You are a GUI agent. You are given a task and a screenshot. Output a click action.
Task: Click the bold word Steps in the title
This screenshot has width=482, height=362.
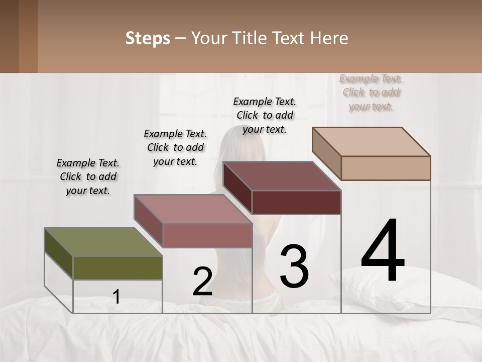pos(148,38)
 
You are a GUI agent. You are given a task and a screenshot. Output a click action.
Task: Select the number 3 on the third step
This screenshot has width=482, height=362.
pos(294,266)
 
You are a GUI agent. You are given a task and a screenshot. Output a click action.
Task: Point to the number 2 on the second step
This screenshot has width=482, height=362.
pos(202,282)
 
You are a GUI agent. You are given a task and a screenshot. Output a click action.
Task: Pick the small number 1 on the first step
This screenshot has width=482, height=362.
pos(116,297)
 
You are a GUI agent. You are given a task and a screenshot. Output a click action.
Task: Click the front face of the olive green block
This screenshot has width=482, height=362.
pos(117,267)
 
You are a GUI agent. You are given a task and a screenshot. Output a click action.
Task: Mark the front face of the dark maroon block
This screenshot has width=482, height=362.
pos(296,202)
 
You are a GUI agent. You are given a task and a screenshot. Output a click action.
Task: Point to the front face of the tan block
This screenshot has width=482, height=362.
pos(386,168)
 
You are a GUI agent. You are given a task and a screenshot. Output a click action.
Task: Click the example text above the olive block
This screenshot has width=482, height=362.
pos(88,176)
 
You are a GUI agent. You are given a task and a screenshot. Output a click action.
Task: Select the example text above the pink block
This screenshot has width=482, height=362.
pos(175,147)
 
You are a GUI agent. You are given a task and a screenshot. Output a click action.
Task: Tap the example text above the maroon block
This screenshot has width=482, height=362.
pos(265,115)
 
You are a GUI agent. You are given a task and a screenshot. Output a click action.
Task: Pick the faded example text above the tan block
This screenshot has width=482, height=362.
pos(371,93)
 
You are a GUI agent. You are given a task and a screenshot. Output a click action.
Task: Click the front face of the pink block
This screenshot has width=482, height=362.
pos(207,235)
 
